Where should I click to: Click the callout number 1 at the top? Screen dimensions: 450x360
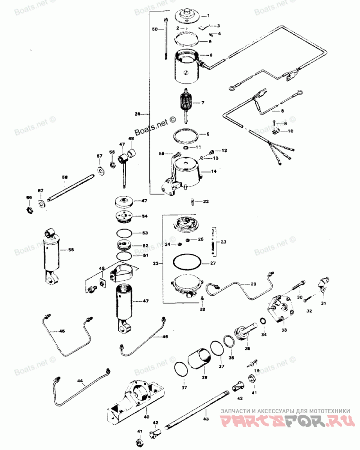214,16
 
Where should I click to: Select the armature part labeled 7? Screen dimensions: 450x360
185,105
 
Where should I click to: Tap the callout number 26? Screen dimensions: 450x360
137,114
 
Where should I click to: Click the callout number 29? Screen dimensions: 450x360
253,284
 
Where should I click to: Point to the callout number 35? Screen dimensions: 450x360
247,348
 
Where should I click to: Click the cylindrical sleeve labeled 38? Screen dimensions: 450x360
200,360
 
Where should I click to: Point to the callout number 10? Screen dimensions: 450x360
290,131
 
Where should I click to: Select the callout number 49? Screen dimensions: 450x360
102,269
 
